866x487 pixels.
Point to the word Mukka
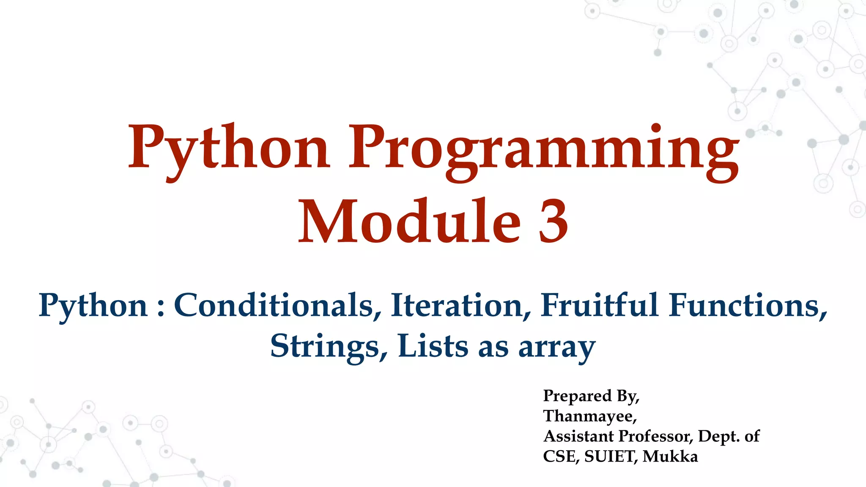coord(670,457)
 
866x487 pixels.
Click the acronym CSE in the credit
coord(561,457)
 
